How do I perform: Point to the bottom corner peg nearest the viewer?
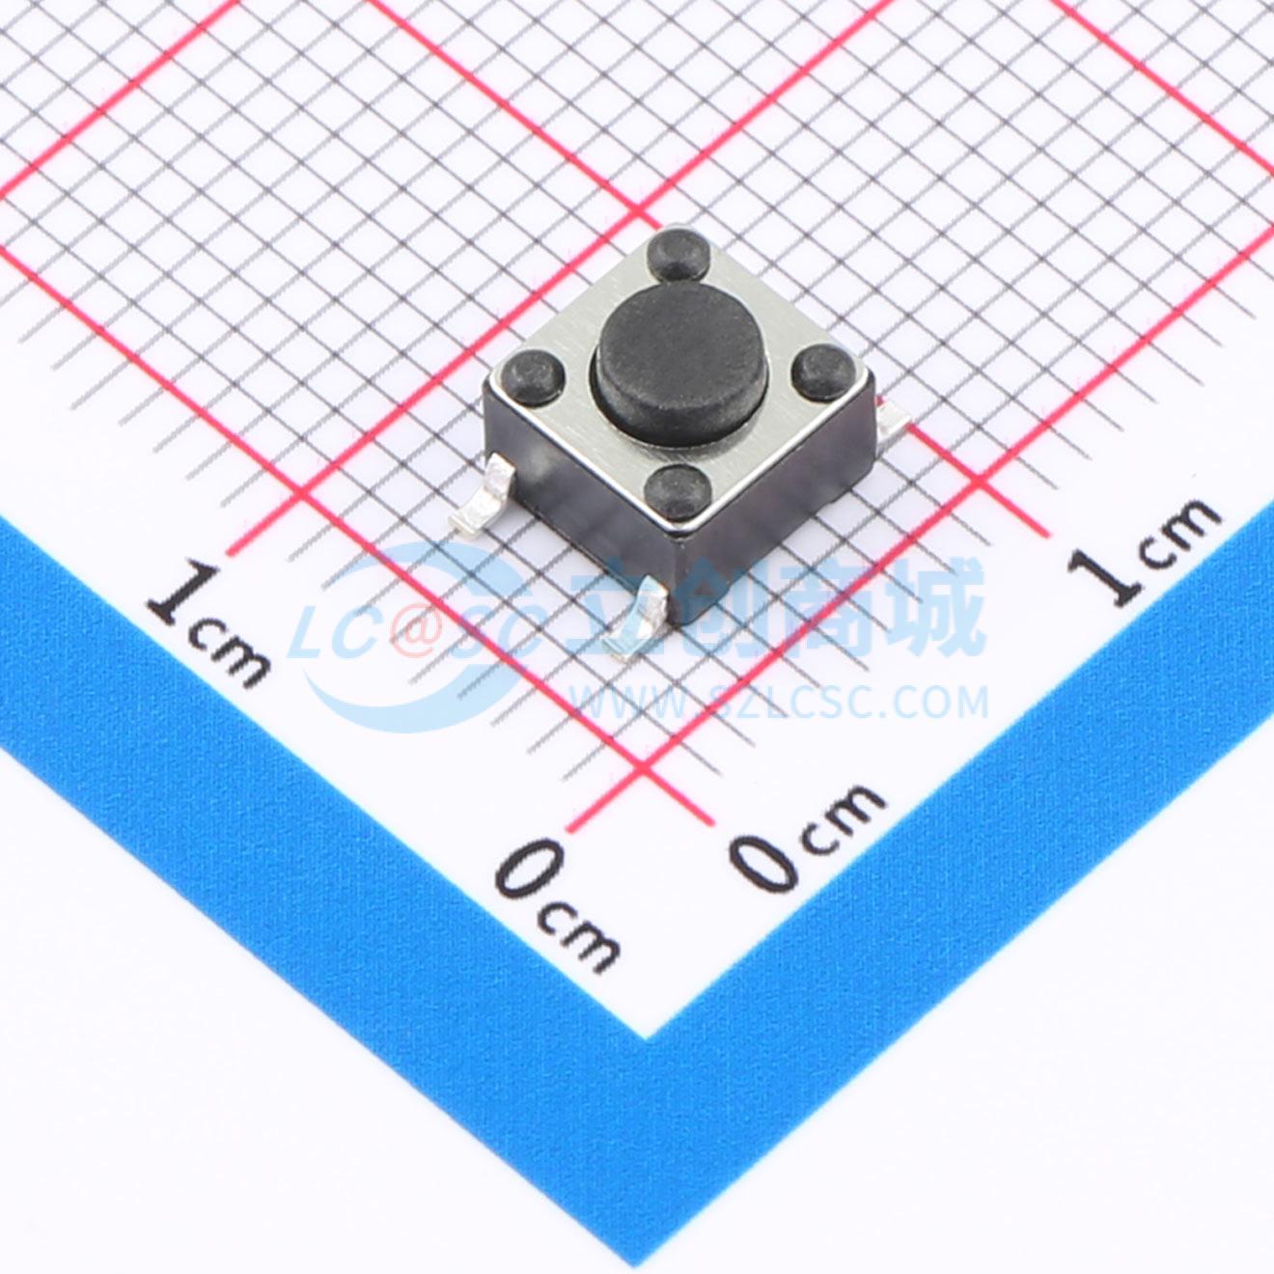(x=677, y=490)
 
